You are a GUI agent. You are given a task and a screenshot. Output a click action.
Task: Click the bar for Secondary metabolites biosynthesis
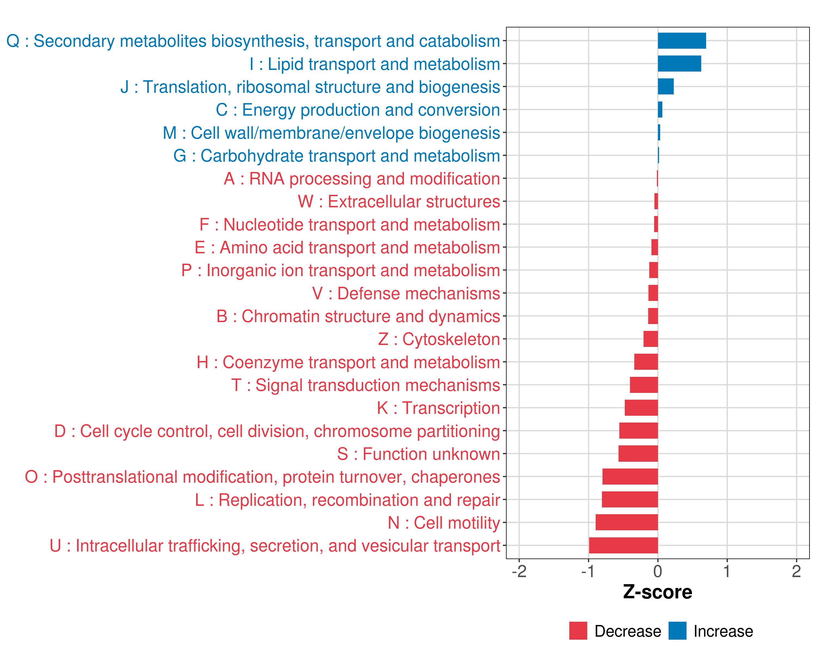[682, 41]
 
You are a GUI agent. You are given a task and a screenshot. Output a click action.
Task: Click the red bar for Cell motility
[626, 522]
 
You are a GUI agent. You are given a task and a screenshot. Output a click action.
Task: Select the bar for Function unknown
[638, 454]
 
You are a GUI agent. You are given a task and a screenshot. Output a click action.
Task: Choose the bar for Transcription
[641, 408]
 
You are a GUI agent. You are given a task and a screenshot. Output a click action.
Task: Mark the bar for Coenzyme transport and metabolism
[646, 362]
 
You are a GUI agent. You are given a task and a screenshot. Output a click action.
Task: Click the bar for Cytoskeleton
[650, 339]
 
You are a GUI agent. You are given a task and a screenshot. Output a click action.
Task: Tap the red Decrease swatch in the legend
[578, 631]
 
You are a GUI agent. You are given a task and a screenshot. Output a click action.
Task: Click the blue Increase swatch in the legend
[677, 631]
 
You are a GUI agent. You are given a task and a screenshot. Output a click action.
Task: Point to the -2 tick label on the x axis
[519, 571]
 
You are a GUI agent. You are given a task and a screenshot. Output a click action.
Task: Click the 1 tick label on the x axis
[727, 571]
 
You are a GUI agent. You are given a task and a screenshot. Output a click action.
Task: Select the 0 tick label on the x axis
[658, 571]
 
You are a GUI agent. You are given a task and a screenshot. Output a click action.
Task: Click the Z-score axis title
[657, 592]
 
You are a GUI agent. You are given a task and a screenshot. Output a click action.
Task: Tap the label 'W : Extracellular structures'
[399, 201]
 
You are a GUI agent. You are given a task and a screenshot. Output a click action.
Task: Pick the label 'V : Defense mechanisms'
[406, 293]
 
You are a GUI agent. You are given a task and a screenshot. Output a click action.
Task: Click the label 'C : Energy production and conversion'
[358, 110]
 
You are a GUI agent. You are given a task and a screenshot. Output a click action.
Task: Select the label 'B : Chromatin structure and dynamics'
[358, 316]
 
